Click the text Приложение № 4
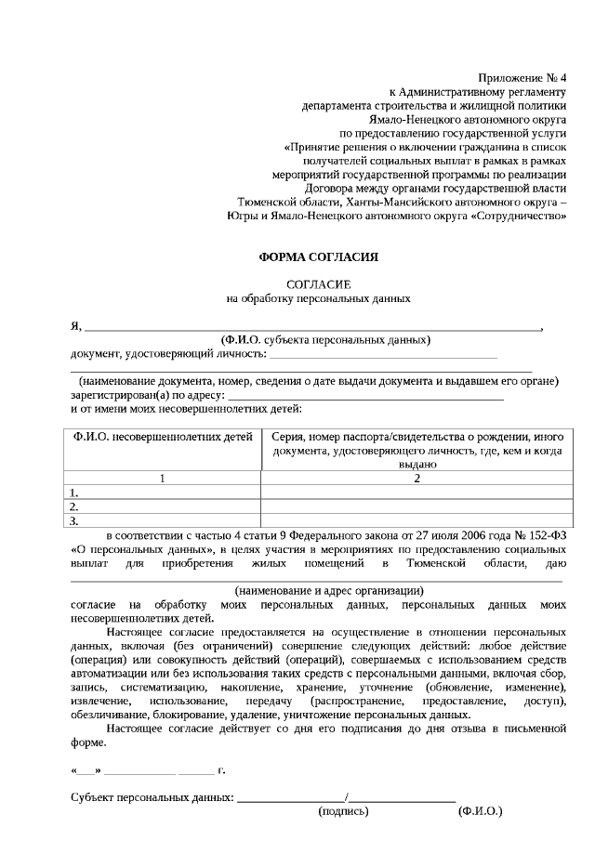[522, 76]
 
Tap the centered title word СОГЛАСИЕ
[318, 283]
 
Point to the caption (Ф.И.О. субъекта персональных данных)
[325, 340]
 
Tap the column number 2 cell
[417, 479]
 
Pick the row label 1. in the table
[74, 493]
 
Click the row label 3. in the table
[74, 521]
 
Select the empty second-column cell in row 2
[417, 507]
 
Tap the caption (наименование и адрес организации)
[329, 590]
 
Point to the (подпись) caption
[343, 811]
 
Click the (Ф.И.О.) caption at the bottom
[480, 811]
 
